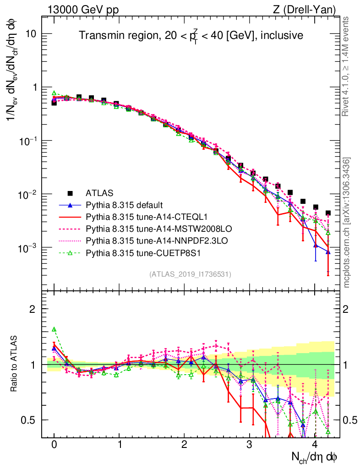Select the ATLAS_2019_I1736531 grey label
(x=190, y=274)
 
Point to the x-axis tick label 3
(x=250, y=445)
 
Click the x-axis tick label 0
(x=54, y=445)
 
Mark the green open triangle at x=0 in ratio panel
(x=54, y=329)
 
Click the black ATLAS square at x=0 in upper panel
(x=54, y=103)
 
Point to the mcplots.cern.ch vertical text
(x=347, y=223)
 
